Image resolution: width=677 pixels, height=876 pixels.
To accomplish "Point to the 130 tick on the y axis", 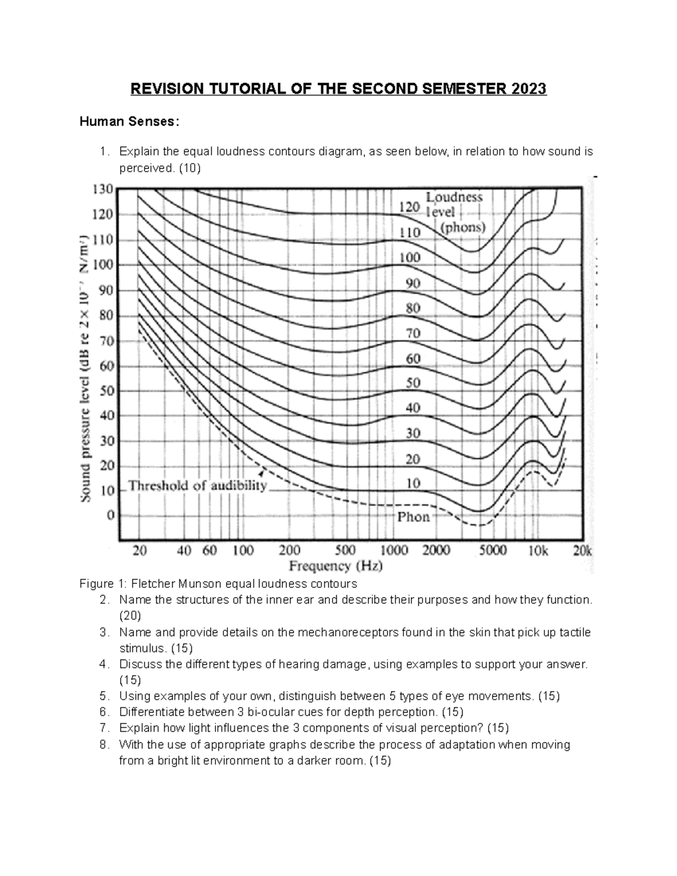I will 102,190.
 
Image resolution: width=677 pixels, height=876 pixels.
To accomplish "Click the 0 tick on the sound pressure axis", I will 110,515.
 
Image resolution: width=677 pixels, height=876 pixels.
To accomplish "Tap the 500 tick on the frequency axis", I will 344,551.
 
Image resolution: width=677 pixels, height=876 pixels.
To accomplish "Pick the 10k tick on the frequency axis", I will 537,551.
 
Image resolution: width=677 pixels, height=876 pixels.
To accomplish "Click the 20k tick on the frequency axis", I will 582,551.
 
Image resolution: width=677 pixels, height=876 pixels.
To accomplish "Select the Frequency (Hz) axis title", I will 336,566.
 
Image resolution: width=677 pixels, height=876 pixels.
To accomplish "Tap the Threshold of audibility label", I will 197,486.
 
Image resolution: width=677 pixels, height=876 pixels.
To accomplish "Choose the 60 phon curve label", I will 413,359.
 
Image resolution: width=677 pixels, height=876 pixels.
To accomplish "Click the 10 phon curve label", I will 413,483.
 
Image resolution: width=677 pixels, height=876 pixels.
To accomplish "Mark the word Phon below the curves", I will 414,517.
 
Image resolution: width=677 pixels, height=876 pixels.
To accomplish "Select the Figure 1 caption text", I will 218,583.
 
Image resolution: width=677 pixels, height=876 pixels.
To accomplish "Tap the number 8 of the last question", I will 103,745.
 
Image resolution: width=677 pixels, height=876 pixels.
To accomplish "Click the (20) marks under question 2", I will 130,615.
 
